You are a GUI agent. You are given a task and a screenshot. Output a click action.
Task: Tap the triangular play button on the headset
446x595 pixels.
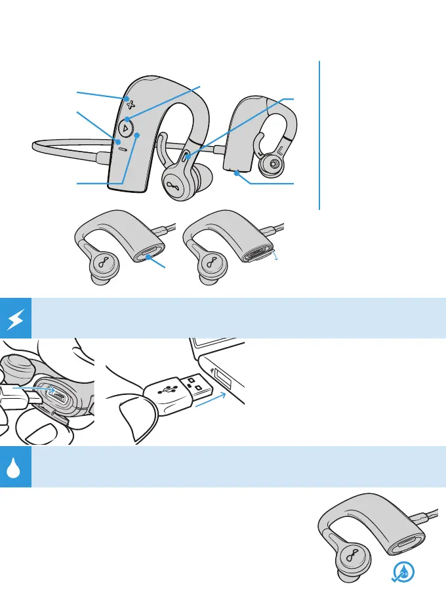pyautogui.click(x=126, y=127)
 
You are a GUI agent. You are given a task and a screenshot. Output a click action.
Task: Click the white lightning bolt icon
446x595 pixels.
pyautogui.click(x=15, y=319)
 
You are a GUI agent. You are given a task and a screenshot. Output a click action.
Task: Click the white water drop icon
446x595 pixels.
pyautogui.click(x=15, y=467)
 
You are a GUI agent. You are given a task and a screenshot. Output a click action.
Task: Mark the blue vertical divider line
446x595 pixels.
pyautogui.click(x=320, y=134)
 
